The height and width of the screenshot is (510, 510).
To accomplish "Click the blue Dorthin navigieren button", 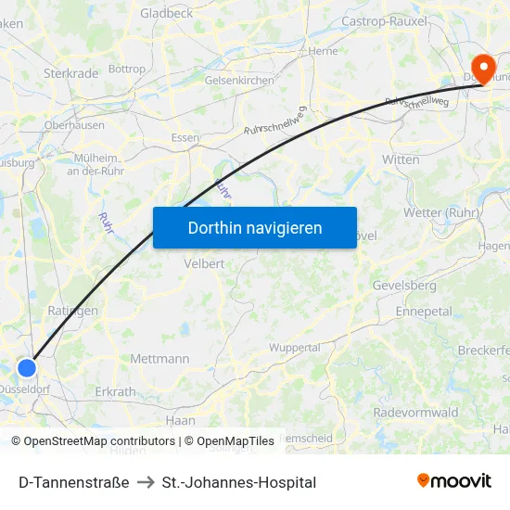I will click(255, 227).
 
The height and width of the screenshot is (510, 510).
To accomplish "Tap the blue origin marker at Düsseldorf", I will click(27, 367).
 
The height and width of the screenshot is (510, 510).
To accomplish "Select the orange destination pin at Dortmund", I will click(483, 67).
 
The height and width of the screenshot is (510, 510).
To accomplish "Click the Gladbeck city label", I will click(167, 13).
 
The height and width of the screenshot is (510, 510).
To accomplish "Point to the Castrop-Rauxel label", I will click(385, 20).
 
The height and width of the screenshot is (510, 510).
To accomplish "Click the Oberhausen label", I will click(74, 124).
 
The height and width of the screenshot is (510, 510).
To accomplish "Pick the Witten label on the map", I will click(401, 159).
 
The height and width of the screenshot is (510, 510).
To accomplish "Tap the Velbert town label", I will click(204, 263).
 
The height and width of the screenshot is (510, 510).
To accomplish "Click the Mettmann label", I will click(159, 359).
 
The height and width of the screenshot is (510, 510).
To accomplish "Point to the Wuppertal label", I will click(294, 347).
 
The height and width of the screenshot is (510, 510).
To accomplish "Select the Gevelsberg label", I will click(404, 285).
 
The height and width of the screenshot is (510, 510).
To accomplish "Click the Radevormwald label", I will click(415, 412).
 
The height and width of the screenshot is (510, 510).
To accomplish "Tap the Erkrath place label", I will click(115, 391).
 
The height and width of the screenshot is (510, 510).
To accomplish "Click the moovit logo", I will click(454, 480).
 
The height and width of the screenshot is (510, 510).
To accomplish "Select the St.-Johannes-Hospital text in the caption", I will click(239, 482).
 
